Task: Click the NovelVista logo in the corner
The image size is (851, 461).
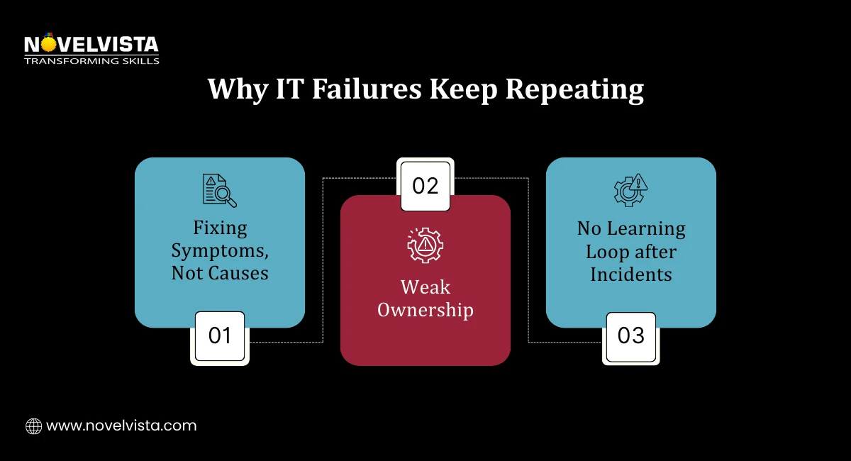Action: pos(91,46)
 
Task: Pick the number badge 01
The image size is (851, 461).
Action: pos(220,336)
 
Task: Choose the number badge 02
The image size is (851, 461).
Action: pos(425,186)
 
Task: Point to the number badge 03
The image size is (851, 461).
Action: pos(630,336)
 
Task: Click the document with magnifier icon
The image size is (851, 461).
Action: pos(219,190)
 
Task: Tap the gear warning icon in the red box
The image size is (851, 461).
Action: pos(425,245)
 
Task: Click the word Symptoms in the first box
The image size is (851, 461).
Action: pos(220,251)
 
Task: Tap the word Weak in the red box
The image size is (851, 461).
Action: pos(425,287)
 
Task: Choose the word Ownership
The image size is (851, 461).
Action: pos(425,310)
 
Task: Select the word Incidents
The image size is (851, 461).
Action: pos(630,274)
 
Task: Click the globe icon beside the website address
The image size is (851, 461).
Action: pos(33,426)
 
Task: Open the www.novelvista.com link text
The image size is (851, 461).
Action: pos(121,426)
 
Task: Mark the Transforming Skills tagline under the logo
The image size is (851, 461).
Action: pos(91,61)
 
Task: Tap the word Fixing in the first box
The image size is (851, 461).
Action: pos(220,228)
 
